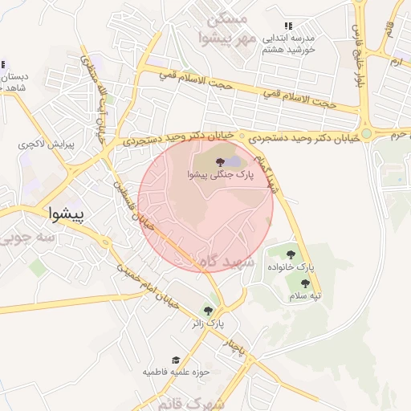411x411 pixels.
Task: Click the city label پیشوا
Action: (x=66, y=214)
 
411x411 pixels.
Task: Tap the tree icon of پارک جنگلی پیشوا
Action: (x=220, y=162)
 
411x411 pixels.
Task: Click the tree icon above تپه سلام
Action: (x=304, y=283)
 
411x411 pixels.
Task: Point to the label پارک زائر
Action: (x=208, y=324)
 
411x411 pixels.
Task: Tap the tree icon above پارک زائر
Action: (x=209, y=311)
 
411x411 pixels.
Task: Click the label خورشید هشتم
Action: (x=290, y=49)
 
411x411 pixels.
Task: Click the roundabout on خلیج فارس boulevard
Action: (x=367, y=134)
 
